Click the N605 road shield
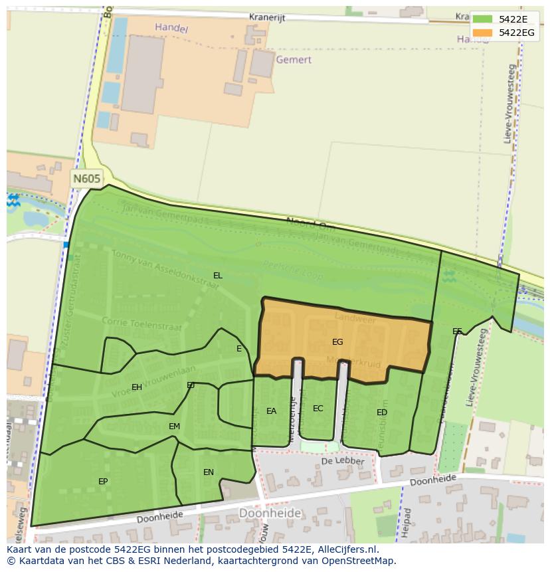(87, 178)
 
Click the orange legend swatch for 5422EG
(483, 32)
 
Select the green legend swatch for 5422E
(483, 19)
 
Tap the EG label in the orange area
(337, 342)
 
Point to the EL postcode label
(218, 275)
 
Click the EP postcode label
(103, 481)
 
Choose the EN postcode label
(209, 472)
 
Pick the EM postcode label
(174, 427)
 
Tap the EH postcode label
(137, 387)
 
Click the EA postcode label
(271, 411)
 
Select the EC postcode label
(318, 409)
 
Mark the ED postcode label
(382, 413)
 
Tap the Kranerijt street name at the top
(267, 18)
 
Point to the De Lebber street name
(343, 461)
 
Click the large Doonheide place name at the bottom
(270, 513)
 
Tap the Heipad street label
(407, 522)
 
